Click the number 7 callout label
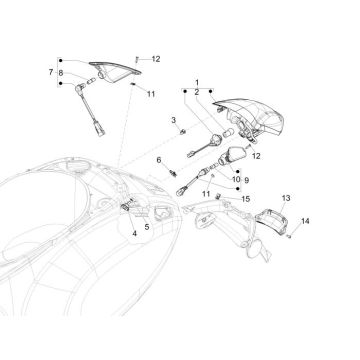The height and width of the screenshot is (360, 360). [50, 73]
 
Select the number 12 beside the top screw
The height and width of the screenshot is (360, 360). [156, 60]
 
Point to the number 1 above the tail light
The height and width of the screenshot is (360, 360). [197, 80]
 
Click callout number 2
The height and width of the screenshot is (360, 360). [197, 91]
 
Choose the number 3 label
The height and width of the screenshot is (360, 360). [172, 120]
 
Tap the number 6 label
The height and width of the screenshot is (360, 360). [158, 159]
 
